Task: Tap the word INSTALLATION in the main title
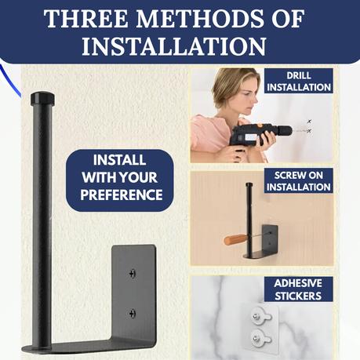pyautogui.click(x=174, y=46)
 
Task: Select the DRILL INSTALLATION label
pyautogui.click(x=299, y=81)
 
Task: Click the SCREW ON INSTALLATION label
pyautogui.click(x=299, y=181)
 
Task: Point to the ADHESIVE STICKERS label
pyautogui.click(x=298, y=289)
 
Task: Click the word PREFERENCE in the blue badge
pyautogui.click(x=122, y=195)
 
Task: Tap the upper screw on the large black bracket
pyautogui.click(x=133, y=274)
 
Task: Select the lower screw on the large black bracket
pyautogui.click(x=133, y=313)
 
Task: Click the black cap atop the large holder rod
pyautogui.click(x=42, y=98)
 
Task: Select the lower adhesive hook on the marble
pyautogui.click(x=260, y=338)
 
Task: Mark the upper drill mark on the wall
pyautogui.click(x=310, y=122)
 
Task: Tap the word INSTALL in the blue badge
pyautogui.click(x=119, y=160)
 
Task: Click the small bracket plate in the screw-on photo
pyautogui.click(x=270, y=236)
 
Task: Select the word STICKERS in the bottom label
pyautogui.click(x=298, y=296)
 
